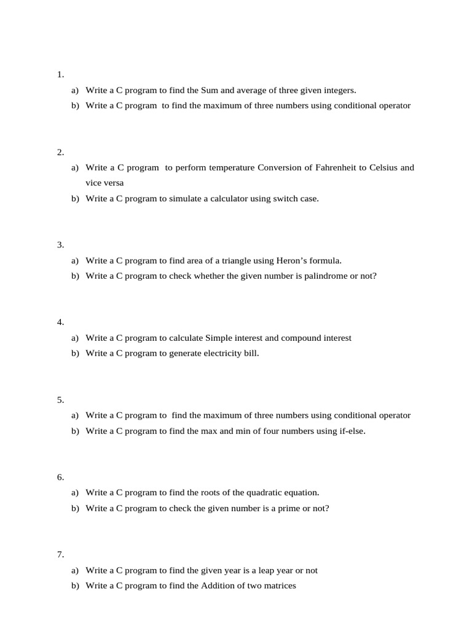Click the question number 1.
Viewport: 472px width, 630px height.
[60, 74]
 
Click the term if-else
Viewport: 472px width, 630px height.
[348, 431]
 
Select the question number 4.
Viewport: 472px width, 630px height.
[60, 322]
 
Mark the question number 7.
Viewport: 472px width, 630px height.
[60, 554]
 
